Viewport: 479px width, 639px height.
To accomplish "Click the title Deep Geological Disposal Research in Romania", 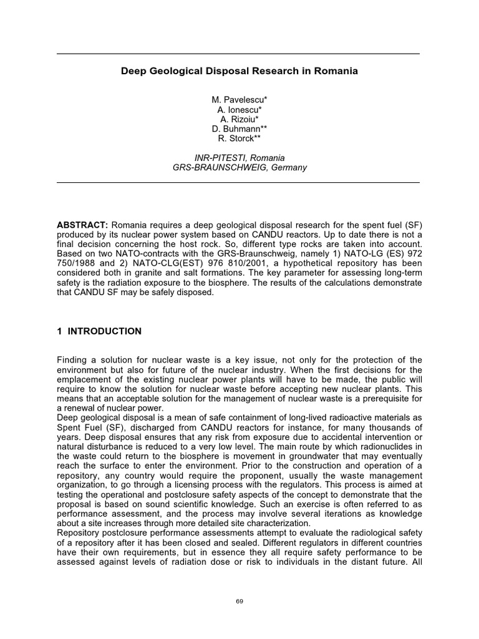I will [x=239, y=71].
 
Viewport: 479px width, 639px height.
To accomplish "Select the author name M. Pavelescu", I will [x=239, y=100].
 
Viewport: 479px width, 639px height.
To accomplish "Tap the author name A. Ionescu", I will [x=239, y=110].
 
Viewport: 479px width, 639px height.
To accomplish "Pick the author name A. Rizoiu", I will [x=239, y=119].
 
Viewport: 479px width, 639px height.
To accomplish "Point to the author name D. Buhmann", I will [x=239, y=129].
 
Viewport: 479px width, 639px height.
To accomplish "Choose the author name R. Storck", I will [x=239, y=139].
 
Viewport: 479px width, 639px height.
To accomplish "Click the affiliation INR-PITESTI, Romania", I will [x=239, y=158].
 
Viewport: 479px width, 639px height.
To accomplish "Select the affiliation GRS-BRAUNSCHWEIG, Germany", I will [x=239, y=168].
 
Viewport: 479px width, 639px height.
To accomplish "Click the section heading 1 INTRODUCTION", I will [x=99, y=331].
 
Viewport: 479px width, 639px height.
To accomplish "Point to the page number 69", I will [x=239, y=600].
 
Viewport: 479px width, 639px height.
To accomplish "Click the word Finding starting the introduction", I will [x=74, y=360].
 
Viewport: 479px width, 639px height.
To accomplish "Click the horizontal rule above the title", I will [x=238, y=54].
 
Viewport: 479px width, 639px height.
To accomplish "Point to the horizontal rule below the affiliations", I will [x=238, y=182].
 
